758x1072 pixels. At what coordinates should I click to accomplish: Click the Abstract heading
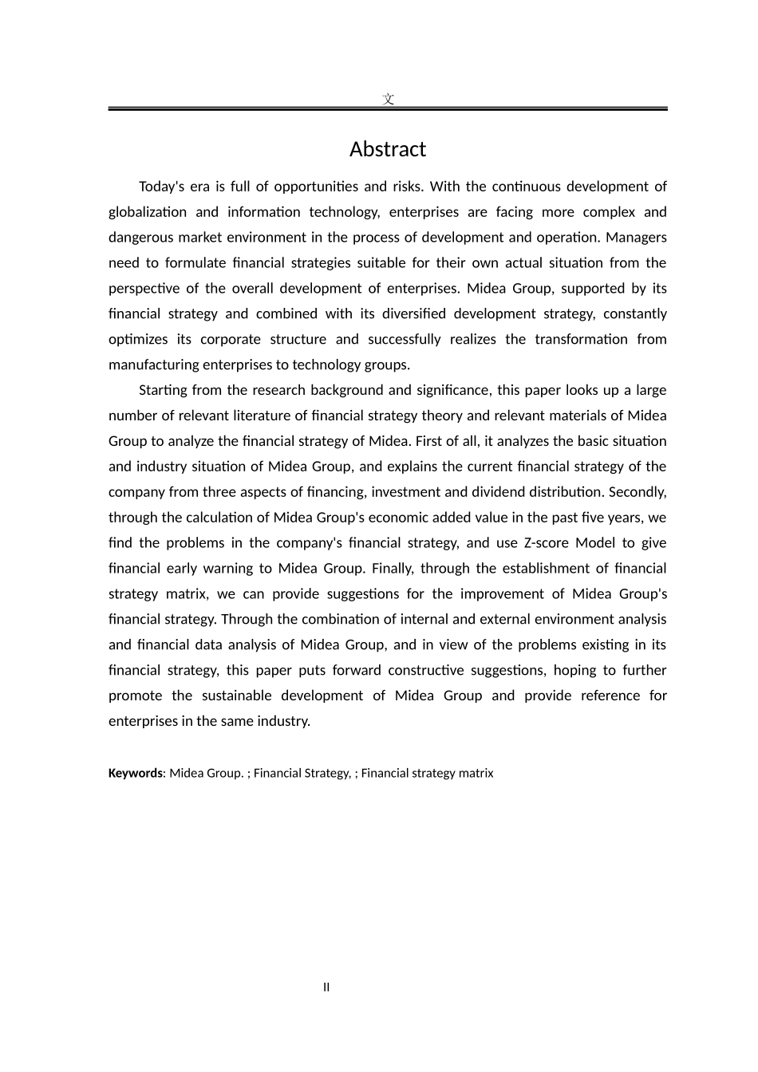(x=388, y=150)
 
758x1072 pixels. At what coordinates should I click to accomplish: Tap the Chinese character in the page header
(x=388, y=100)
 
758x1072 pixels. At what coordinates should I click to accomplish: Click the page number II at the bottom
(x=326, y=987)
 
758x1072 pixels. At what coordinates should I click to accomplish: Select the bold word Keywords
(x=135, y=773)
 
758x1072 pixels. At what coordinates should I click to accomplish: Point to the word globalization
(x=144, y=212)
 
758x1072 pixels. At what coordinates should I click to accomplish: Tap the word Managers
(x=638, y=238)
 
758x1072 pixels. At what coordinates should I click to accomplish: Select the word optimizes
(x=138, y=340)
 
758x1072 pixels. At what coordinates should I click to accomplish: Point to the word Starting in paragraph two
(x=166, y=390)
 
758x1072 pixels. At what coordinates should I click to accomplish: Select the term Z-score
(x=545, y=543)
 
